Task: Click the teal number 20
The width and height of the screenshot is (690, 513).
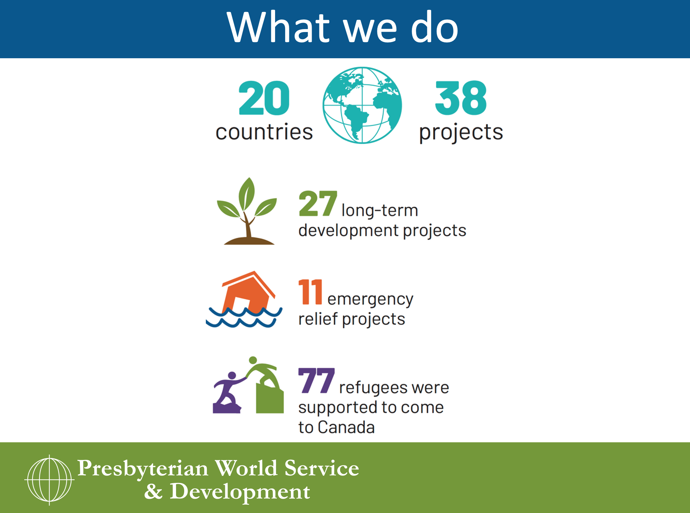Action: coord(264,98)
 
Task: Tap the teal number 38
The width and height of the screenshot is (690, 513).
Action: coord(461,98)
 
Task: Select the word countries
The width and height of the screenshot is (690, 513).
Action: coord(264,132)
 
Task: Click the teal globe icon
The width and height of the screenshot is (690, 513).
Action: coord(362,105)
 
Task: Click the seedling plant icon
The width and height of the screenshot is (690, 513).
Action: coord(247,211)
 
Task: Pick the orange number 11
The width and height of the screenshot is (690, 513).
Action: coord(310,292)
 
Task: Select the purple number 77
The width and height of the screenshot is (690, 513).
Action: coord(316,380)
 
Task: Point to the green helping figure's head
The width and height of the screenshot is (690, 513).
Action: coord(253,360)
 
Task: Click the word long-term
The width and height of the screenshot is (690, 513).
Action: coord(380,211)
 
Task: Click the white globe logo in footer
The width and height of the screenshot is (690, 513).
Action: coord(50,480)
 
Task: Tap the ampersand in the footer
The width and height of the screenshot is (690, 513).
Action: coord(153,492)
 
